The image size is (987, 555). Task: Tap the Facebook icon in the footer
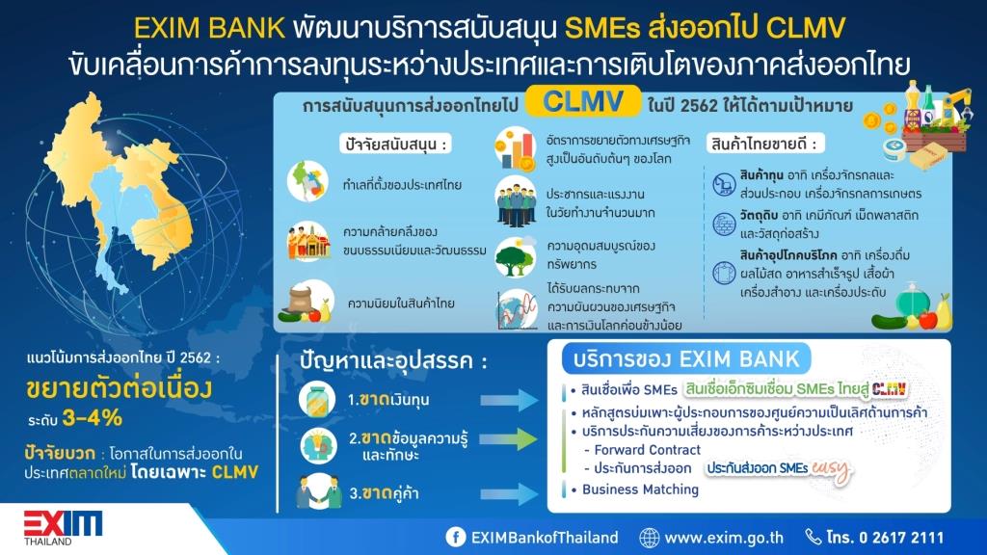point(456,537)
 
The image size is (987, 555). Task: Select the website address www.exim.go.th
point(724,538)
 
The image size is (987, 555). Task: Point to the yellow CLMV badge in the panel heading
point(583,101)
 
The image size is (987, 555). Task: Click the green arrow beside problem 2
point(509,438)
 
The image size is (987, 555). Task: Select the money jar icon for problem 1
point(316,400)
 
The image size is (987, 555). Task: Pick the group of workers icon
point(516,202)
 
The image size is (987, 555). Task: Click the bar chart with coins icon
point(515,149)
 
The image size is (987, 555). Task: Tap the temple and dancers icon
point(308,241)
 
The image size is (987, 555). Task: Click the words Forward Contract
point(647,450)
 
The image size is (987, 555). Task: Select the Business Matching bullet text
point(640,489)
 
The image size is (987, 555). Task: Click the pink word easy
point(830,469)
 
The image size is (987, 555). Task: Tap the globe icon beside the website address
point(649,538)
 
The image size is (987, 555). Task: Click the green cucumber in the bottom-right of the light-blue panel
point(889,322)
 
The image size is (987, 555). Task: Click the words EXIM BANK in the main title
point(209,29)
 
